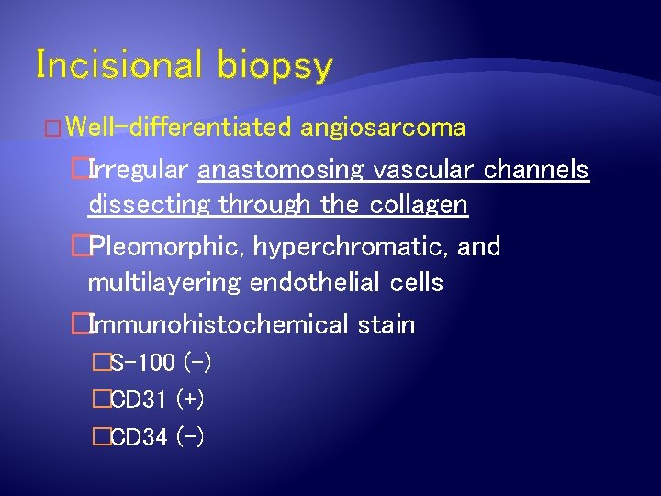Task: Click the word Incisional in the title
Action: pos(118,65)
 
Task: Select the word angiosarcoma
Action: pos(383,128)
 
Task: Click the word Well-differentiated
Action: pos(179,127)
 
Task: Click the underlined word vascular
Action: pos(427,170)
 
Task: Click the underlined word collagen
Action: pos(419,206)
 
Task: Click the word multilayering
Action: pos(164,284)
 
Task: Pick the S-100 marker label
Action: pos(141,364)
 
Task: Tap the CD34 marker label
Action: pos(139,438)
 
